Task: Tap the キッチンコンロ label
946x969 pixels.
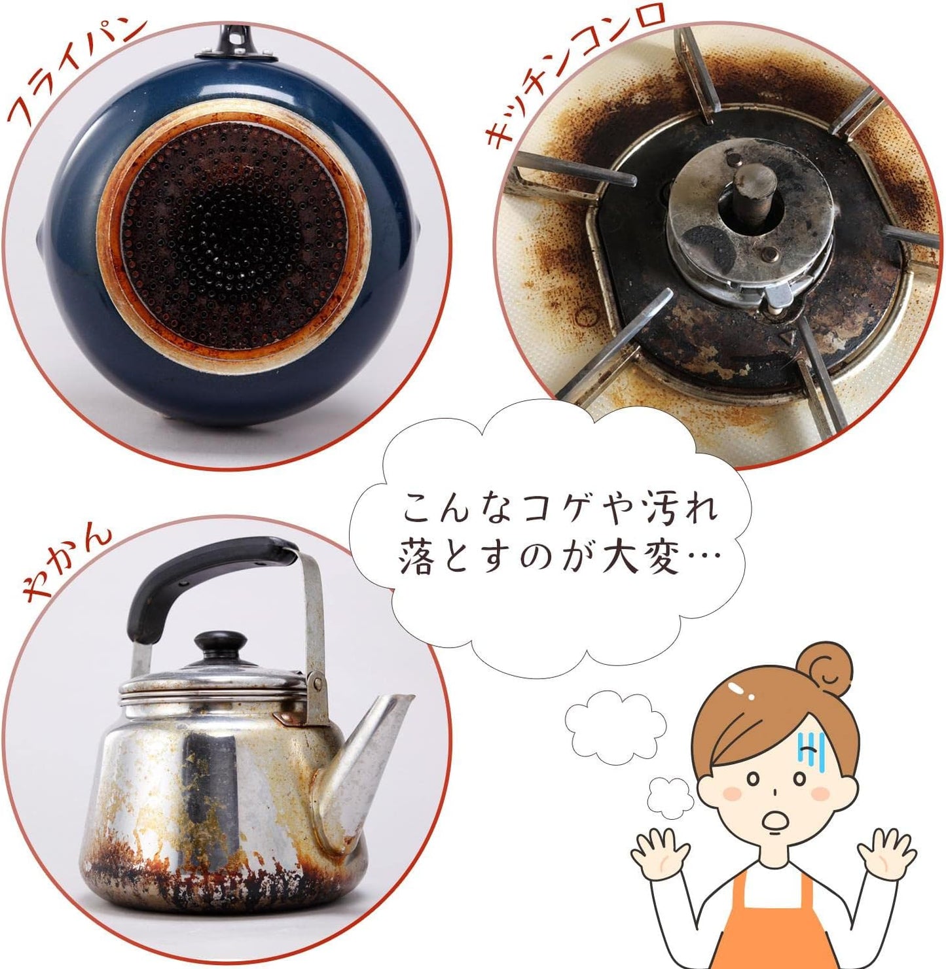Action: tap(576, 72)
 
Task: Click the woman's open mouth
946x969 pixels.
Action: tap(776, 822)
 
